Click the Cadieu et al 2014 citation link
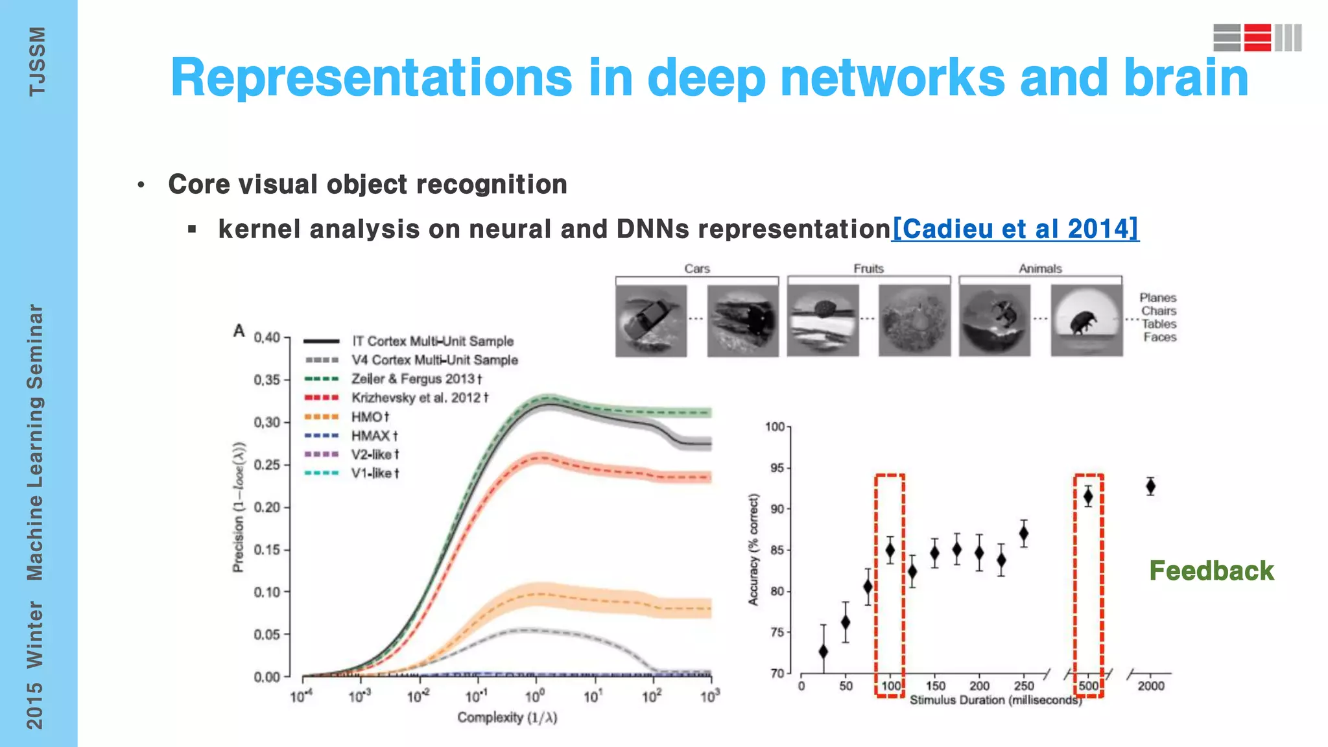[x=1015, y=229]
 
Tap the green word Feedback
[x=1211, y=571]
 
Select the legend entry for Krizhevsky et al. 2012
[x=419, y=397]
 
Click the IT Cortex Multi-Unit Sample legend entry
[x=432, y=341]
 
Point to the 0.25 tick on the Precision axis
[x=267, y=465]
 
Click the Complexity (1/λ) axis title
[x=507, y=717]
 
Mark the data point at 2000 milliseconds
[x=1150, y=486]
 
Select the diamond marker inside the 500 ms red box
[x=1088, y=497]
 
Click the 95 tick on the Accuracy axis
[x=777, y=468]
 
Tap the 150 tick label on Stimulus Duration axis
[x=935, y=686]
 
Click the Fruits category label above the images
[x=868, y=268]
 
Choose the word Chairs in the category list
[x=1159, y=311]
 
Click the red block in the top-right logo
[x=1257, y=38]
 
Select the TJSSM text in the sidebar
[x=37, y=62]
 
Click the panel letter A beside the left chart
[x=239, y=331]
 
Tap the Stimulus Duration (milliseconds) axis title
[x=995, y=700]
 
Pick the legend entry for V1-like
[x=375, y=473]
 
